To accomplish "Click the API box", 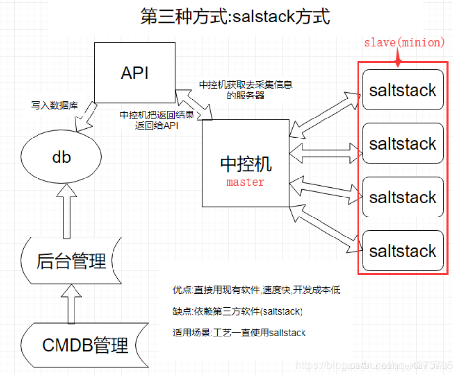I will [134, 73].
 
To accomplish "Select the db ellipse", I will [61, 157].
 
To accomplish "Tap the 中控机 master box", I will [245, 163].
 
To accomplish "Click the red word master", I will [245, 182].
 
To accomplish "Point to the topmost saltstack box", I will [403, 90].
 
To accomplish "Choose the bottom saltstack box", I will [403, 251].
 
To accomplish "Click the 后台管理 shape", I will [71, 261].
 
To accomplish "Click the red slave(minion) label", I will [404, 43].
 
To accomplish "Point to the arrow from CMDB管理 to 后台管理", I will [71, 305].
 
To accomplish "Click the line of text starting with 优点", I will [256, 290].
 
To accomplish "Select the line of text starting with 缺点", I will [238, 311].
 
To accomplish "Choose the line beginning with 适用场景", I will [239, 333].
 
